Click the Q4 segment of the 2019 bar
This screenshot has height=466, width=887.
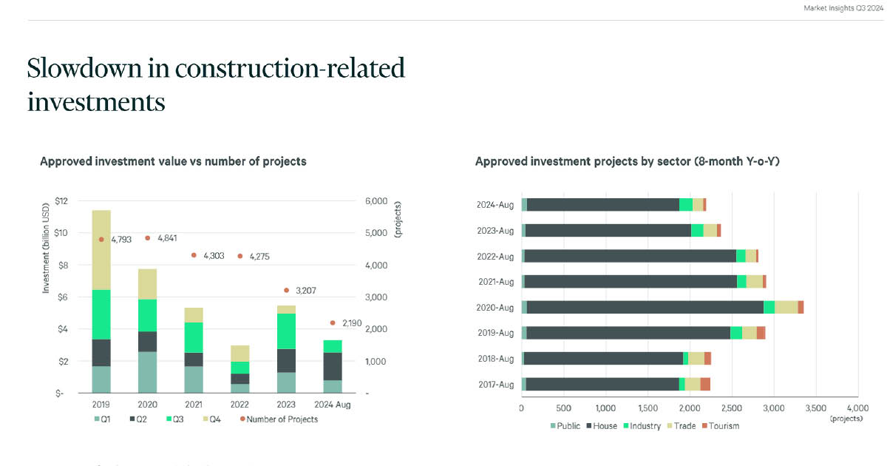(x=101, y=250)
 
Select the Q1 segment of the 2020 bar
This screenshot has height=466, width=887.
(x=148, y=372)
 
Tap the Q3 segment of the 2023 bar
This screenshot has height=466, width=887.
(x=286, y=331)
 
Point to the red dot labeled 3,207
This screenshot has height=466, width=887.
(x=286, y=290)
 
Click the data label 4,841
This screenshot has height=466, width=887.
(x=169, y=238)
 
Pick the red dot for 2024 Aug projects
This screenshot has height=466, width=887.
(x=333, y=323)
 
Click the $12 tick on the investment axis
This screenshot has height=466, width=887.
(x=61, y=201)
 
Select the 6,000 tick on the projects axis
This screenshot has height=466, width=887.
(x=376, y=201)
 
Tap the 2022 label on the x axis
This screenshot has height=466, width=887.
(x=240, y=405)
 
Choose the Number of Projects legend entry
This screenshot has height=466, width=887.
(x=281, y=419)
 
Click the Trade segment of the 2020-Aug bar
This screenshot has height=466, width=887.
(x=786, y=307)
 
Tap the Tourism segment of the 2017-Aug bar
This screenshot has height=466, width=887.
(x=705, y=384)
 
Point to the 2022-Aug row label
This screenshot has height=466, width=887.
(x=495, y=256)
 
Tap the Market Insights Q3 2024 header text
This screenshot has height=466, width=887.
(x=843, y=8)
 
